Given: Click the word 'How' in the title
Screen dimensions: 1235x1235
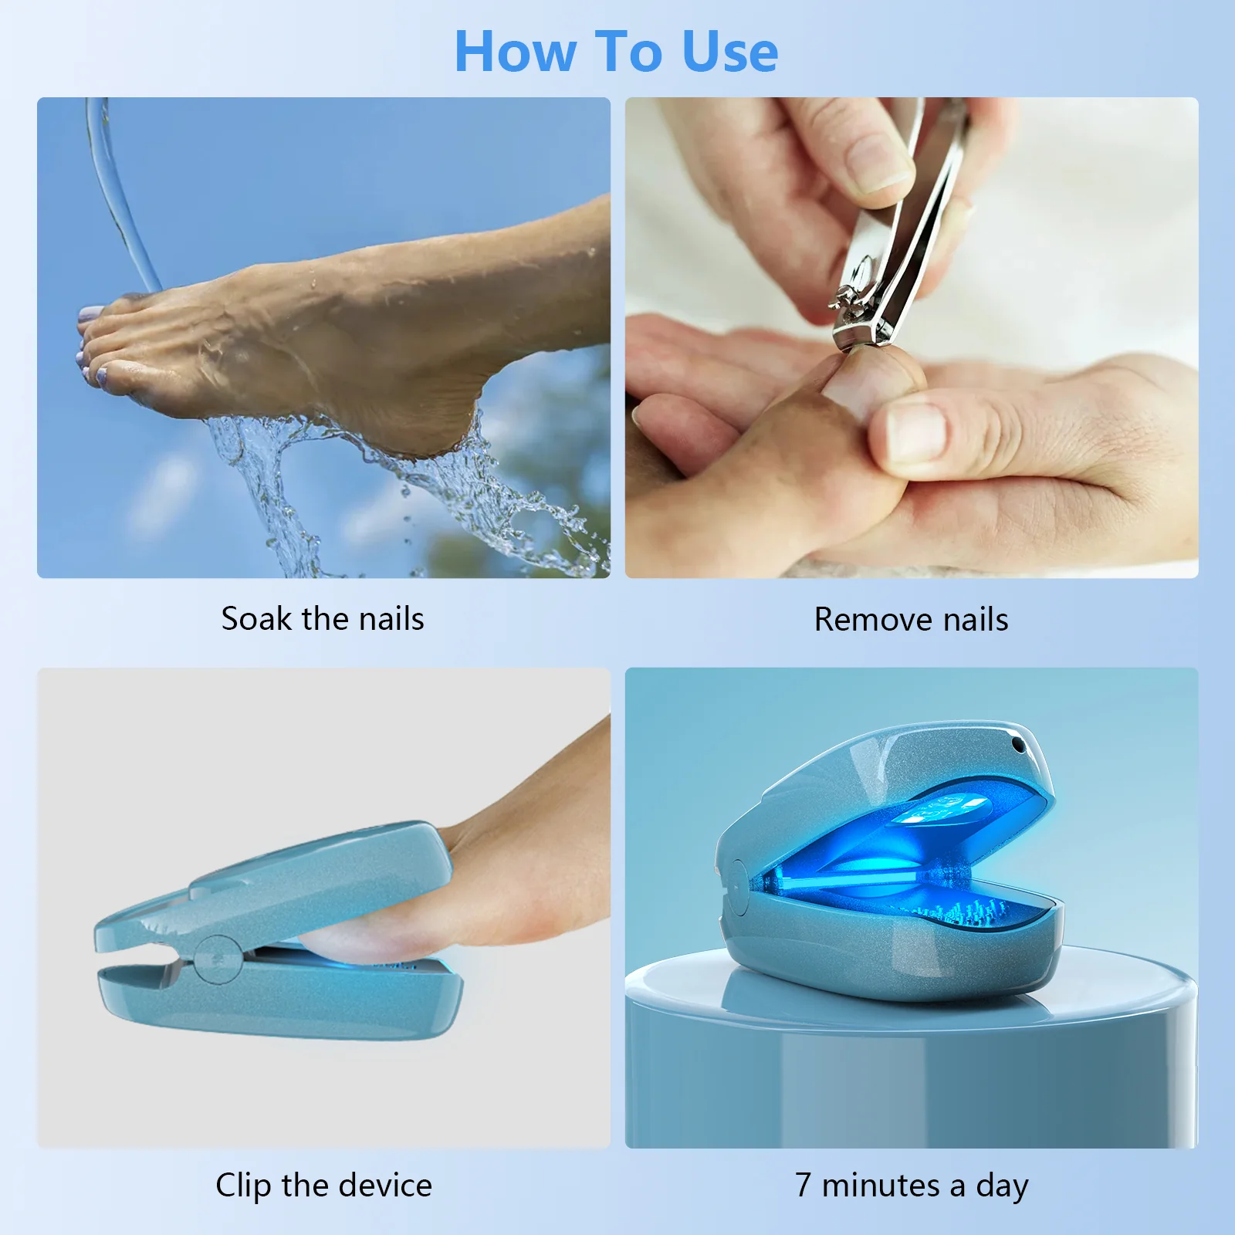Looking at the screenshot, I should pyautogui.click(x=515, y=52).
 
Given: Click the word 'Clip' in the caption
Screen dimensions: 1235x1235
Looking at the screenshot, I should pyautogui.click(x=242, y=1185).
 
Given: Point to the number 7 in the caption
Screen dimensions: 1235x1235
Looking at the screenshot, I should pyautogui.click(x=804, y=1185).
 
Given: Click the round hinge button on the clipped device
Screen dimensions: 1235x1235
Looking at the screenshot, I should pyautogui.click(x=217, y=959).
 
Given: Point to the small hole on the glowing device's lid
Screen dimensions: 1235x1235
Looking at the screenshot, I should pyautogui.click(x=1018, y=746).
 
